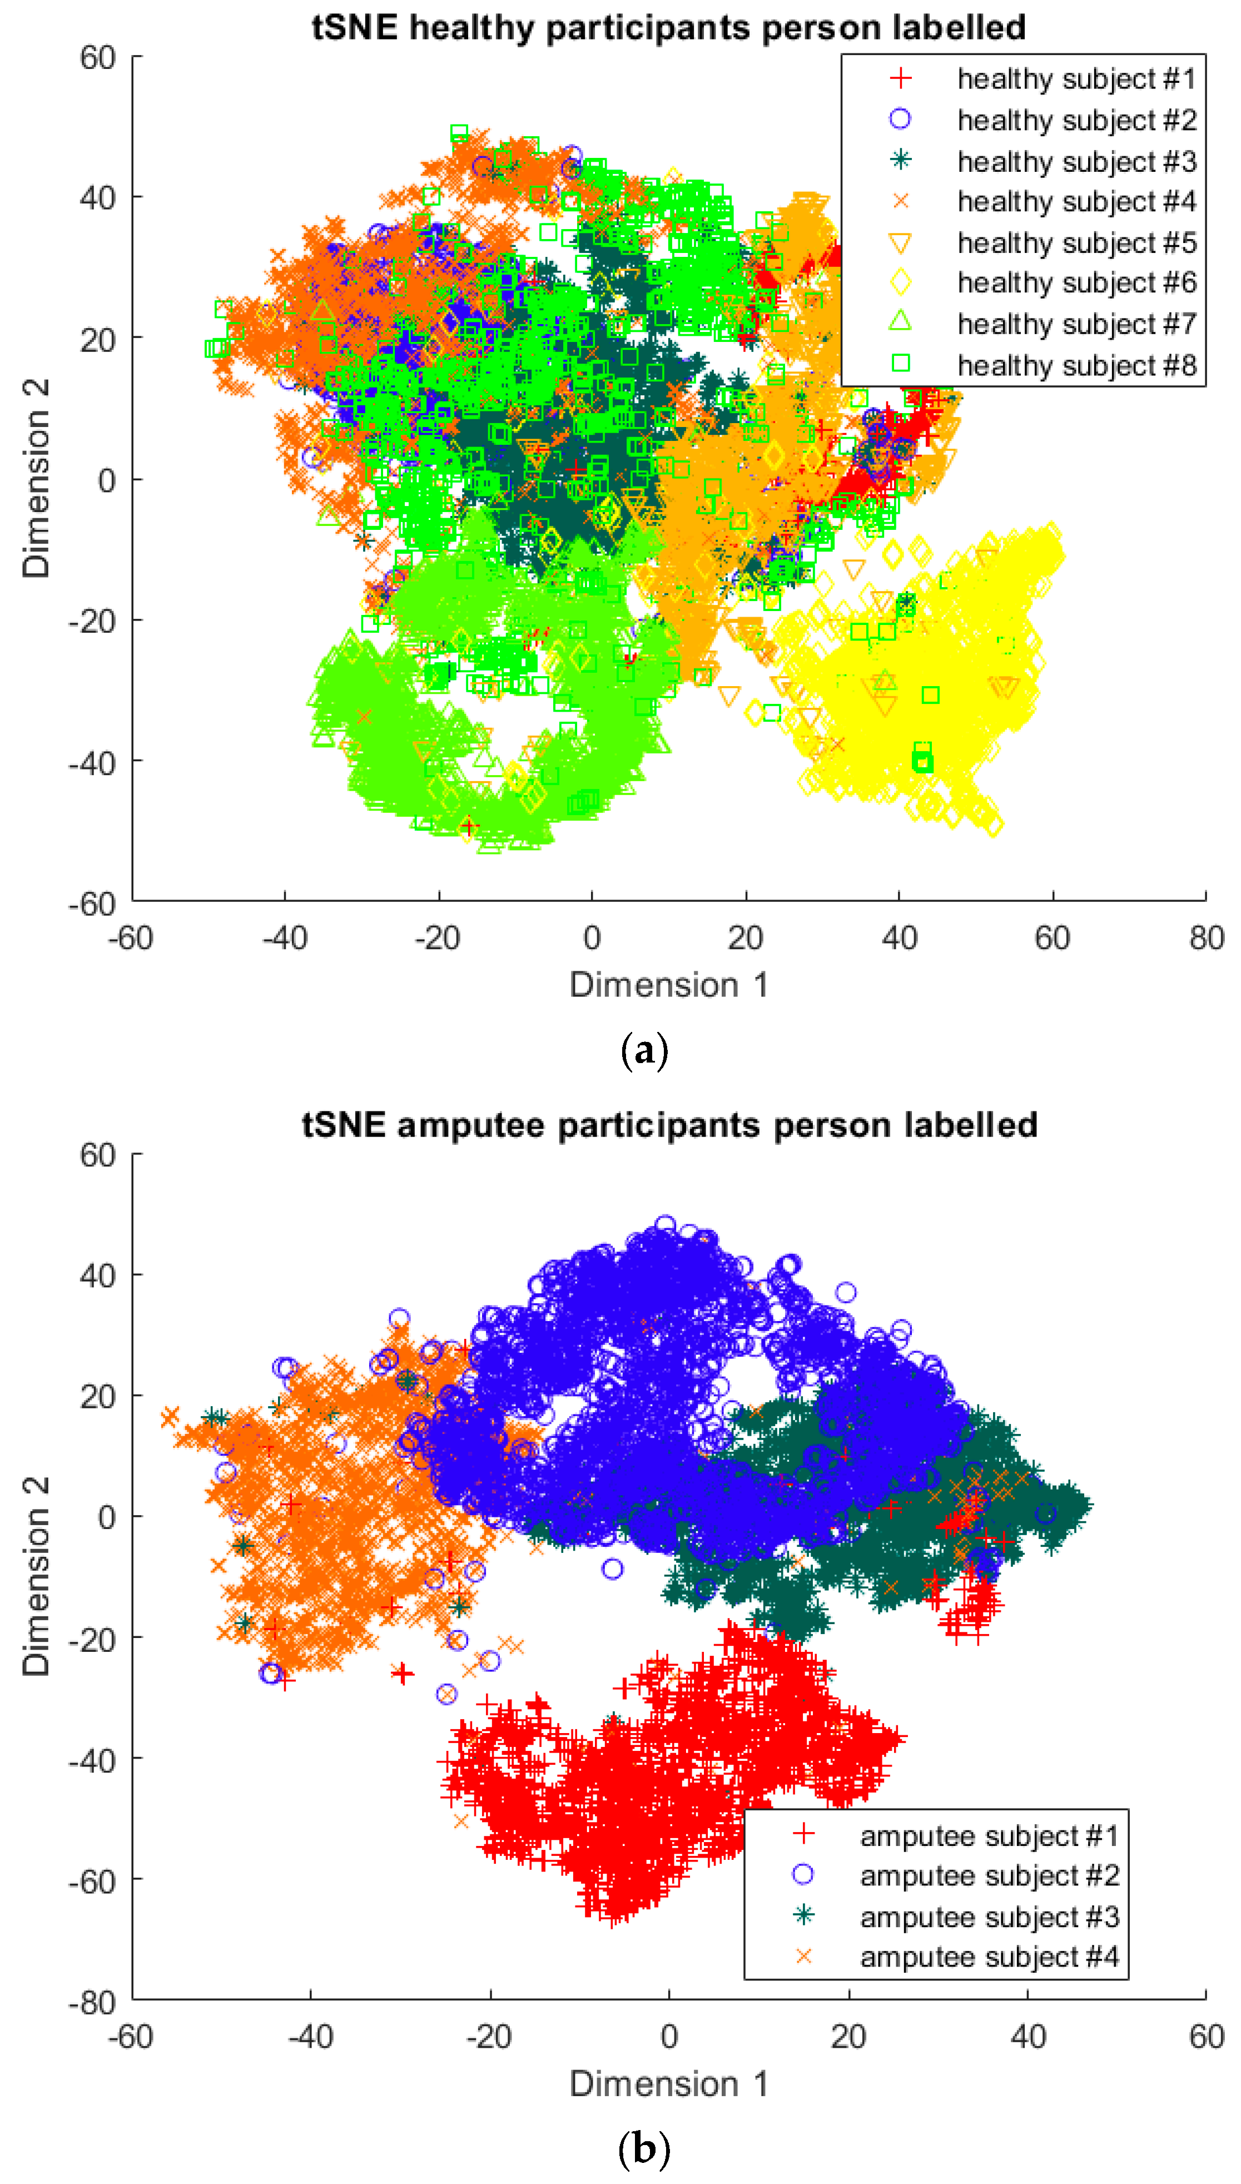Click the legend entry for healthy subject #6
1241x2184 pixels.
coord(1076,283)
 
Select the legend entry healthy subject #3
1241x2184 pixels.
coord(1076,161)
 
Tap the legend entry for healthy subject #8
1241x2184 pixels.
coord(1076,365)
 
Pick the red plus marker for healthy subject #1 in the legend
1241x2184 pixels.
coord(901,78)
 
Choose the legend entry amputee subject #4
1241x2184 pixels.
coord(989,1957)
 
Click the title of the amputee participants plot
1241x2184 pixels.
coord(669,1125)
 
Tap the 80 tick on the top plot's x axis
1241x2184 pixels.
coord(1206,938)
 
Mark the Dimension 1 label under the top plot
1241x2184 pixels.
coord(668,985)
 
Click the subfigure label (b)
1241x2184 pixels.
coord(644,2149)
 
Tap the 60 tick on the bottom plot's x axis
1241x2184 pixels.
coord(1206,2037)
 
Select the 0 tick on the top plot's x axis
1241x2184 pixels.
coord(592,938)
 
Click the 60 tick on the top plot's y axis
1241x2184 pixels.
coord(97,58)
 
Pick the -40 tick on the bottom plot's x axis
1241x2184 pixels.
coord(310,2037)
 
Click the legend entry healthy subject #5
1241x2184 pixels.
coord(1076,243)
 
